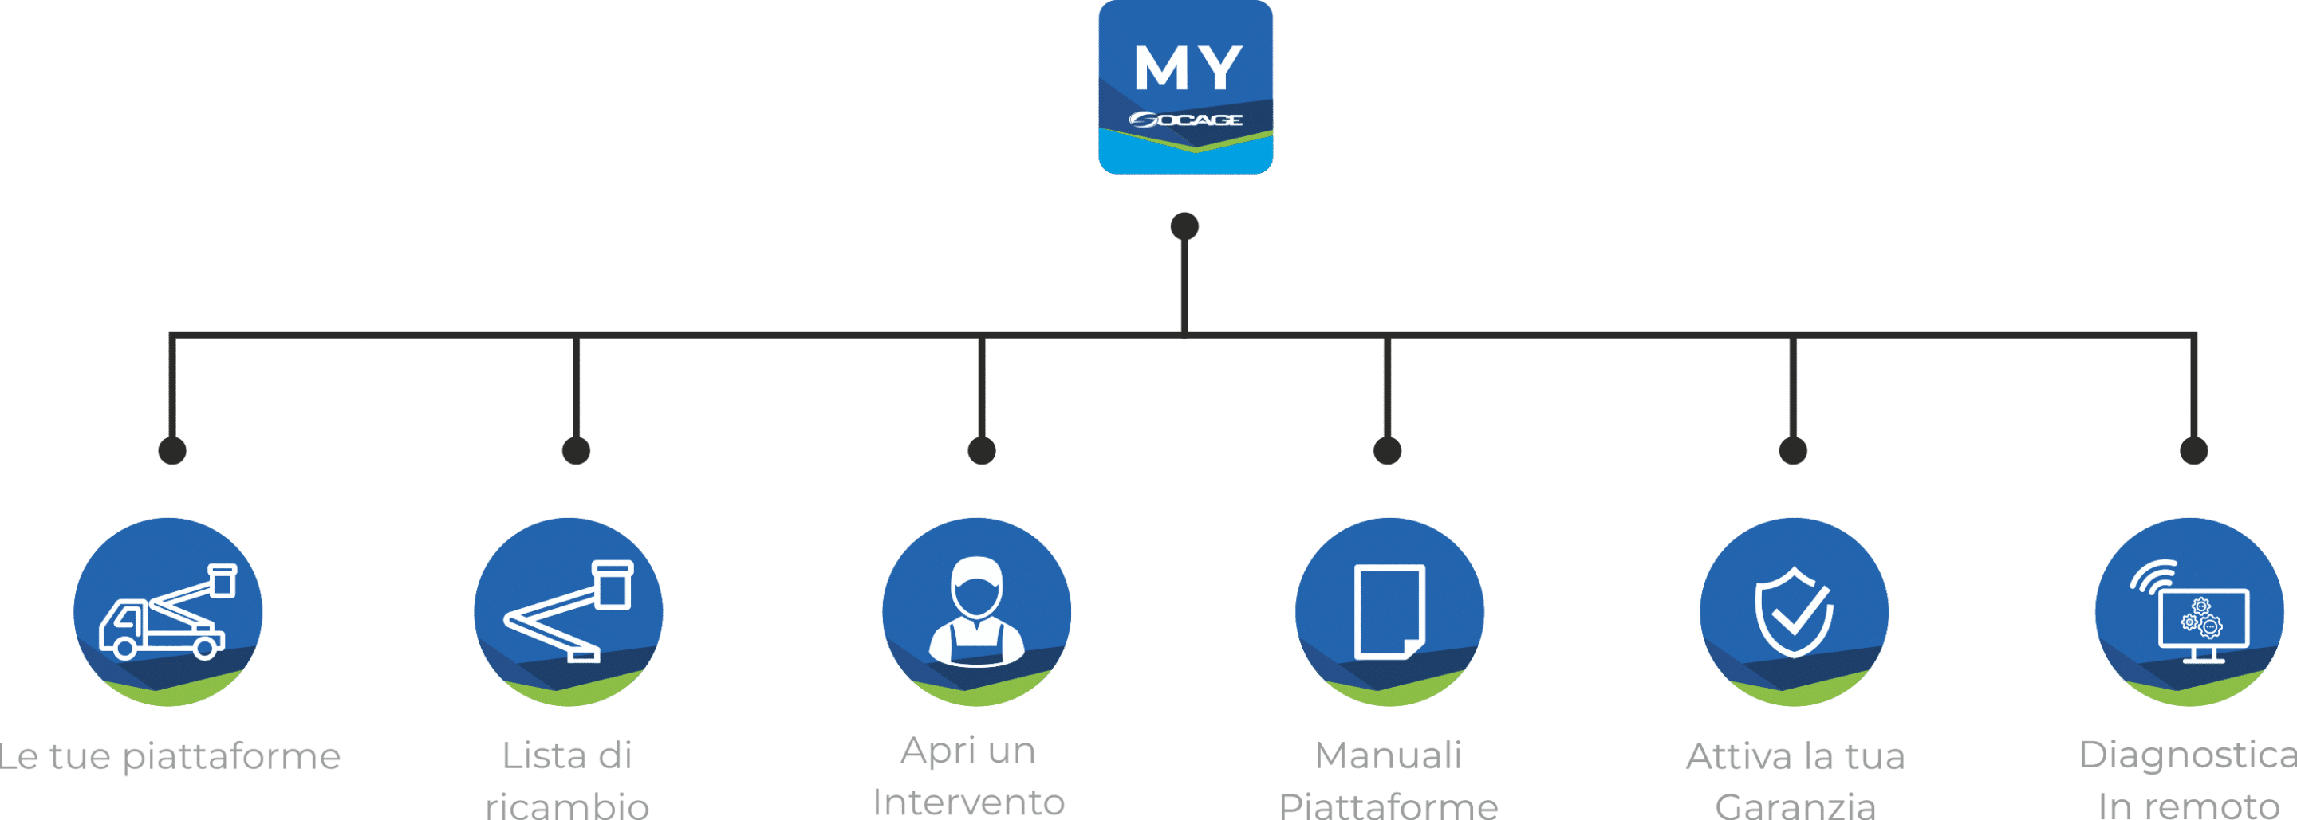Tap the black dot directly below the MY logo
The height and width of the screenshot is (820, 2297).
(1184, 226)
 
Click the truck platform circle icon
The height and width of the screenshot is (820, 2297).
(167, 612)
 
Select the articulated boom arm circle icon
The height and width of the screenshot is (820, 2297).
(569, 612)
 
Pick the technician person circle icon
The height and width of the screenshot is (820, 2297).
(976, 612)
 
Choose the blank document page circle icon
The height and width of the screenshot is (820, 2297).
(1389, 612)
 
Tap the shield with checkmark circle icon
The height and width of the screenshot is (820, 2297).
(1794, 612)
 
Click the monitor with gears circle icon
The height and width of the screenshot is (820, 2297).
(2189, 612)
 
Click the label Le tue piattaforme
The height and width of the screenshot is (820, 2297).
(169, 757)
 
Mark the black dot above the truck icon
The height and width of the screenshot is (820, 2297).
(172, 450)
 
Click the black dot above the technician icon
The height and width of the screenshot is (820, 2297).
(982, 450)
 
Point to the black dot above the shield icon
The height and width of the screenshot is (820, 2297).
(1793, 450)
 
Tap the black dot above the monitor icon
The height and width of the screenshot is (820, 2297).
(2193, 450)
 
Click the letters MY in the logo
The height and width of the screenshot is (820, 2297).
(1188, 67)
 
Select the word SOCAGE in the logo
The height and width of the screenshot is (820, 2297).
(1186, 120)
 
